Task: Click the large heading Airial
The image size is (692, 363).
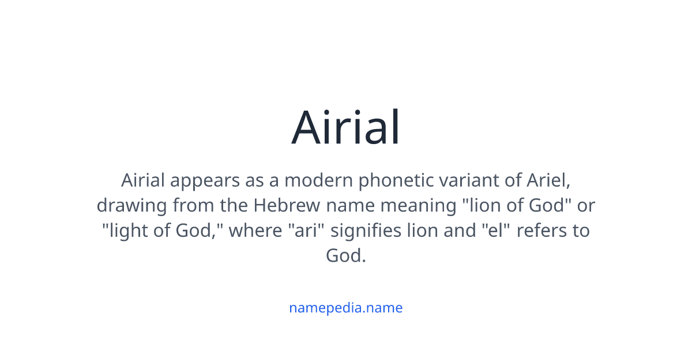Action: tap(345, 127)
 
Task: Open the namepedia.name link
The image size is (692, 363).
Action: tap(345, 308)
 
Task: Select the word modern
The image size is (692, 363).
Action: tap(318, 180)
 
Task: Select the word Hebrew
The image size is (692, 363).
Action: tap(287, 205)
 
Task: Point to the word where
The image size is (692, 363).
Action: tap(255, 230)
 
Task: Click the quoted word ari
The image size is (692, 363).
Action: tap(306, 230)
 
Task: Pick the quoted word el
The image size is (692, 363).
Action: tap(496, 230)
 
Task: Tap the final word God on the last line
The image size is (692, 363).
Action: tap(345, 256)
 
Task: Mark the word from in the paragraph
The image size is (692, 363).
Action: tap(193, 205)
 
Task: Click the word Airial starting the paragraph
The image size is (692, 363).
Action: tap(143, 180)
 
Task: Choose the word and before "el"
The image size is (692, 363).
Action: tap(460, 230)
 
